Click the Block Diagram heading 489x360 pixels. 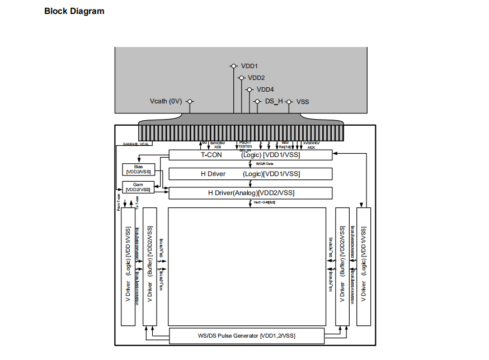click(74, 11)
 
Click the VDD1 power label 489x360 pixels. click(249, 66)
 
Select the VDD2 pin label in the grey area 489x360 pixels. click(256, 78)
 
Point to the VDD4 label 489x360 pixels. click(265, 89)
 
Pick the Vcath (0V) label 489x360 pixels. click(166, 102)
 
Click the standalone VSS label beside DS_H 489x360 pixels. click(303, 102)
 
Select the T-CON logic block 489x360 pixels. click(250, 155)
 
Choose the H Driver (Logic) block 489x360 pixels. click(250, 174)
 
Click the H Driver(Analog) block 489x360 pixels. click(250, 193)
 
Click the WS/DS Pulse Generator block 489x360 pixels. click(246, 336)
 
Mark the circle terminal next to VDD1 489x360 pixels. click(233, 66)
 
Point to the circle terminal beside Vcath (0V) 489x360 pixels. click(190, 102)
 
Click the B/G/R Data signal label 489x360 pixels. click(265, 164)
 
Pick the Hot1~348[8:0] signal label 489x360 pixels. click(265, 202)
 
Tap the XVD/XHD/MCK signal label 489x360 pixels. click(311, 145)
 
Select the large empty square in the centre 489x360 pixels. click(247, 267)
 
